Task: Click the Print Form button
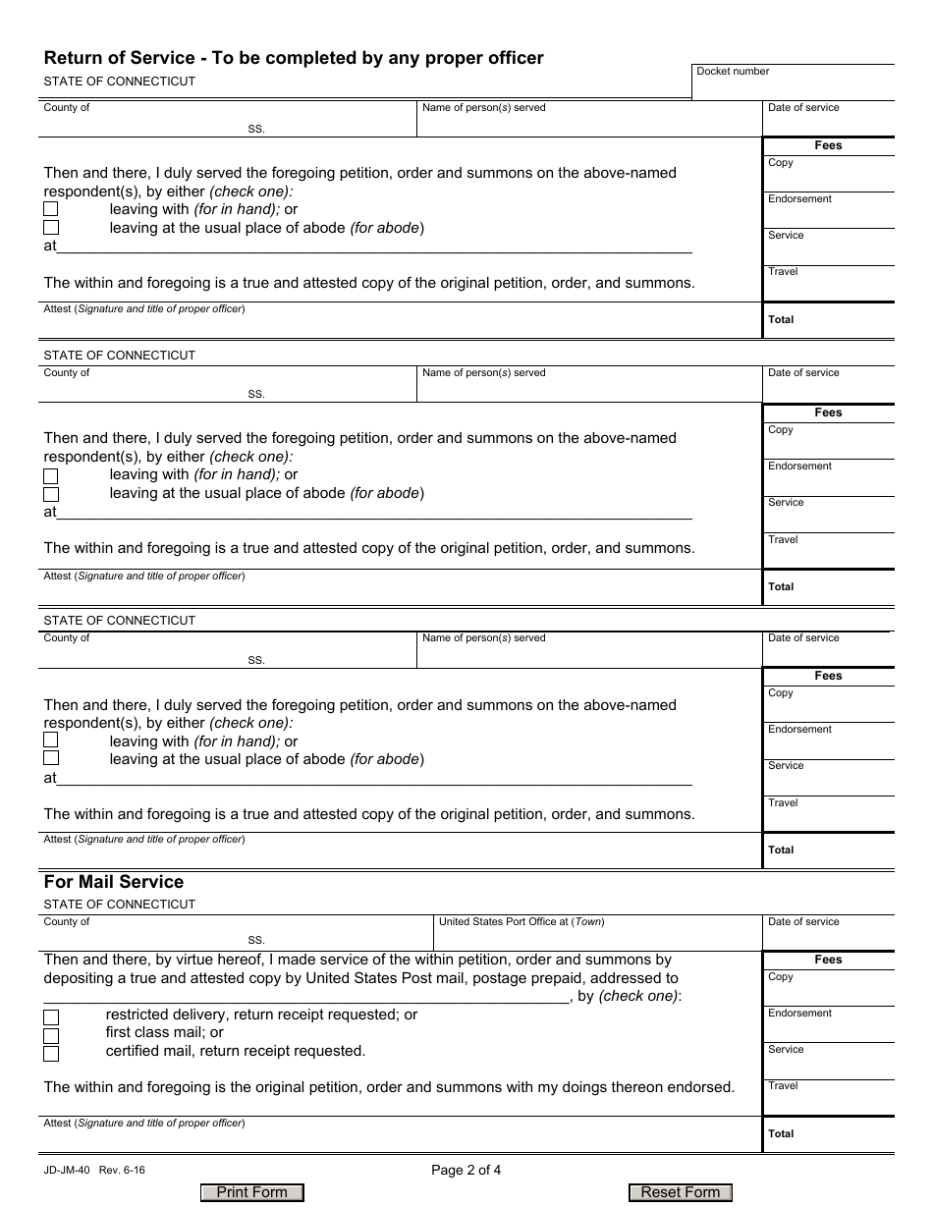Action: pos(251,1192)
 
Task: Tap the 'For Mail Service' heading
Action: pos(113,882)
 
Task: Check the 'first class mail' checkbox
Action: pos(51,1035)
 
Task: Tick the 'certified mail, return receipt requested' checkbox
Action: pos(51,1054)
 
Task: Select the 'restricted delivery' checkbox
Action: pos(51,1017)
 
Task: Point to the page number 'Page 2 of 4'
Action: pos(466,1170)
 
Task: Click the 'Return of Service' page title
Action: pos(293,58)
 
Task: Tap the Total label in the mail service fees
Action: pos(781,1133)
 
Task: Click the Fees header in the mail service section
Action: pos(828,960)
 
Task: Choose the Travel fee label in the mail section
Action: pos(783,1085)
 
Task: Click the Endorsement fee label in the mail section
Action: pos(799,1013)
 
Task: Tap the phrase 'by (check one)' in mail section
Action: pos(629,996)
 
